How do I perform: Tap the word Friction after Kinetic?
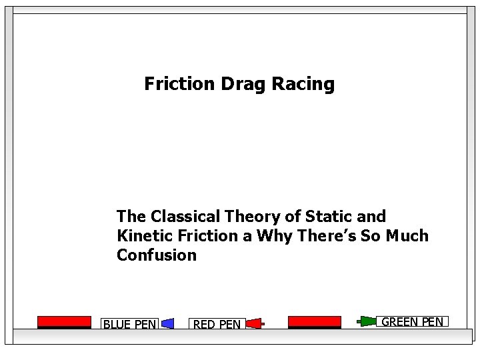pos(207,236)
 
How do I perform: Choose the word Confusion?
pos(157,255)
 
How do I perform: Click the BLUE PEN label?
pos(129,325)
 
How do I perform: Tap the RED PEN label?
pos(217,325)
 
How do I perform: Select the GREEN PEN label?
pos(412,322)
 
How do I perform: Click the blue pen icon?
pos(168,324)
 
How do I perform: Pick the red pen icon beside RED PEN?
pos(255,324)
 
